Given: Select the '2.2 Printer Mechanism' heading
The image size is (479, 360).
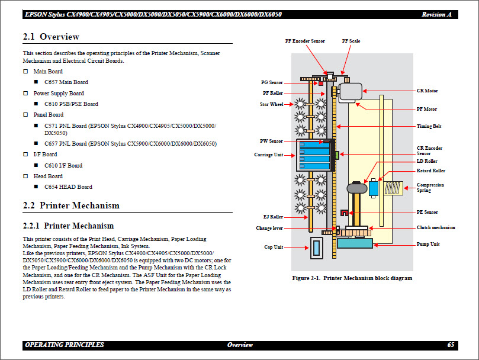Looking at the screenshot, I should [71, 205].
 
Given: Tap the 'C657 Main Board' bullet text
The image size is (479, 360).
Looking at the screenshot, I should [66, 82].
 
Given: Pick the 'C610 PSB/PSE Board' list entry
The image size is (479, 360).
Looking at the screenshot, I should [71, 104].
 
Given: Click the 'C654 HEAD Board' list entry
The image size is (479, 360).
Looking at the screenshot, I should [68, 187].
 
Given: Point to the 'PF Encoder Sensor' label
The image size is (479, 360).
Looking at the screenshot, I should [304, 41].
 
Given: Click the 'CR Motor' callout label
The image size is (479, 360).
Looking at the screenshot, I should [427, 91].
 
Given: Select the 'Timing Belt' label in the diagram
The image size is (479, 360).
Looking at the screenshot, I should [429, 126].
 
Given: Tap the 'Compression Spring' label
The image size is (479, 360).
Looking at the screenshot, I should [430, 188].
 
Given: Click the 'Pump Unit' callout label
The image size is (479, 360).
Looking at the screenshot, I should [428, 244].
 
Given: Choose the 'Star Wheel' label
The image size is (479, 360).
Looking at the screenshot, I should [272, 105].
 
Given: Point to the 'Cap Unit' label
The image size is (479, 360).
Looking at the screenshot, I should [273, 247].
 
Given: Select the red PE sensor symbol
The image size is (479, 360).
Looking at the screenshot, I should [344, 213].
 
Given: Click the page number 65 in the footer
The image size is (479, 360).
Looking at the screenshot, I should [451, 345].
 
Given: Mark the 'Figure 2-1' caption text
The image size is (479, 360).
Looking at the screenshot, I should [352, 278].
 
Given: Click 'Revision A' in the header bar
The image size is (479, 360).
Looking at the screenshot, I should [438, 14].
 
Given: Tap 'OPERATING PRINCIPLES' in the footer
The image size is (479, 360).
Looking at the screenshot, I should [65, 345].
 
